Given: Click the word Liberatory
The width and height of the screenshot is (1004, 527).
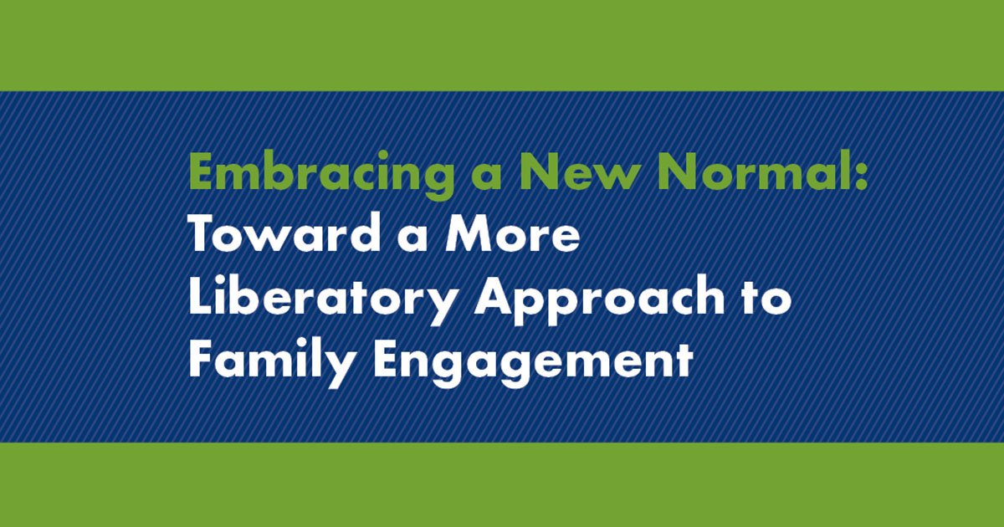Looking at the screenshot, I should pyautogui.click(x=323, y=299).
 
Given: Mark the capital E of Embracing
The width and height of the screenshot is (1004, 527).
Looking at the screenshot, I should pyautogui.click(x=200, y=173).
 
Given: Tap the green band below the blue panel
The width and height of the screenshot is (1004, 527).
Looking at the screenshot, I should pyautogui.click(x=502, y=485).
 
